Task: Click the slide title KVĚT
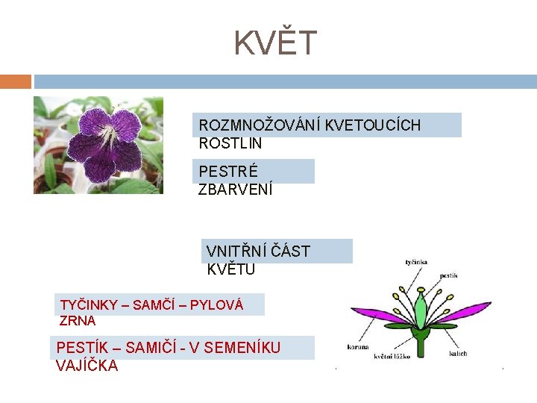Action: (276, 43)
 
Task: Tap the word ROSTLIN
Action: (230, 143)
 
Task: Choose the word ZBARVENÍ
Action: (236, 190)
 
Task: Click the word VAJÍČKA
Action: (87, 366)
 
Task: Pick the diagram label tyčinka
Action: (415, 263)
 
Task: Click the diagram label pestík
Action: (448, 275)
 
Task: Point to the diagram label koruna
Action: (358, 347)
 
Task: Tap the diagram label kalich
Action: (458, 353)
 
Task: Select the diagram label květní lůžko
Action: (392, 357)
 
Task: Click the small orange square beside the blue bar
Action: (16, 81)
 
